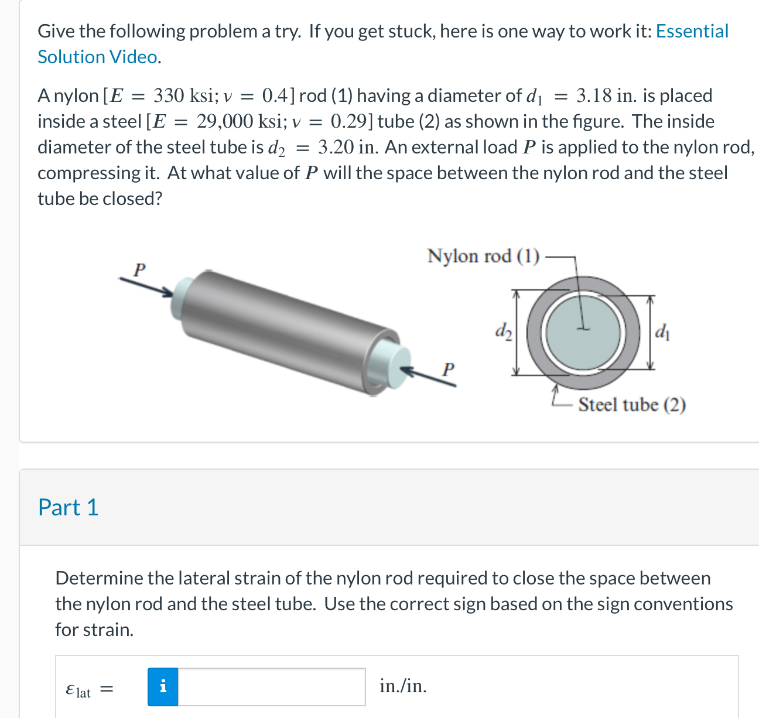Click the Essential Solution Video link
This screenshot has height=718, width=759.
(x=692, y=31)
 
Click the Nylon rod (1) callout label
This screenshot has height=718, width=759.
(x=483, y=257)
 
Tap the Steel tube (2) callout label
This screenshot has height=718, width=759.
(x=632, y=405)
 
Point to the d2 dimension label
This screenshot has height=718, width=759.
(x=503, y=331)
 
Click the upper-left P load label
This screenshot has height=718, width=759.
(x=138, y=270)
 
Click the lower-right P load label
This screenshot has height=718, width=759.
(x=448, y=370)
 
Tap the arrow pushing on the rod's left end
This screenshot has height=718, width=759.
(x=146, y=286)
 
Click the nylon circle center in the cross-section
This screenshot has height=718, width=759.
(x=582, y=330)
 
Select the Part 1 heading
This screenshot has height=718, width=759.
(x=68, y=507)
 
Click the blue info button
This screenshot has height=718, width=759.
(x=163, y=686)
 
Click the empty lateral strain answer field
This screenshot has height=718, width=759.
(x=272, y=686)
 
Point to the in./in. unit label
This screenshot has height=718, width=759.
(x=403, y=686)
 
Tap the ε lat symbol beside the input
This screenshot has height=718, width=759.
(x=78, y=690)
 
